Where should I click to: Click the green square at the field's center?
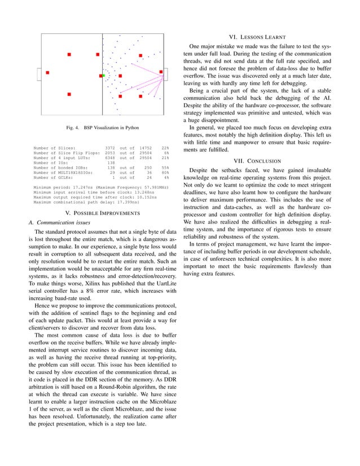pyautogui.click(x=104, y=75)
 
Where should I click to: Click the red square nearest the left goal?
pyautogui.click(x=47, y=73)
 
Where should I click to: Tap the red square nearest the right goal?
pyautogui.click(x=161, y=72)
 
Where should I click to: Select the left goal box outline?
pyautogui.click(x=38, y=74)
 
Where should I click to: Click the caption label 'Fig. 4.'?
pyautogui.click(x=72, y=128)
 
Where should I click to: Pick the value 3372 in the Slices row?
pyautogui.click(x=110, y=148)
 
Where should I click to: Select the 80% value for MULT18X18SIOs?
pyautogui.click(x=165, y=172)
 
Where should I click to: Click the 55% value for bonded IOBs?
pyautogui.click(x=165, y=167)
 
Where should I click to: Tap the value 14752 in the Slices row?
pyautogui.click(x=146, y=148)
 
